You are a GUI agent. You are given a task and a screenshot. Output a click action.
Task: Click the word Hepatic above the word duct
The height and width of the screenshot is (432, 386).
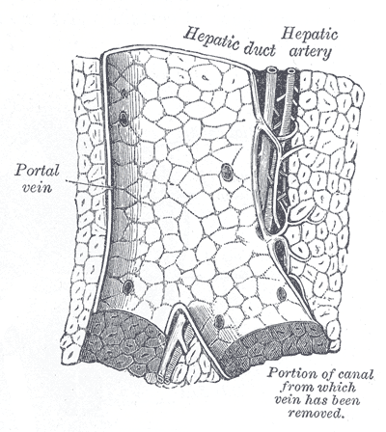211,40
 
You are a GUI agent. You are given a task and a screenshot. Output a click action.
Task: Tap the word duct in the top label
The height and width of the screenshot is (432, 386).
260,49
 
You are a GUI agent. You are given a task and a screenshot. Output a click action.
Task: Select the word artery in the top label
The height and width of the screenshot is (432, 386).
310,52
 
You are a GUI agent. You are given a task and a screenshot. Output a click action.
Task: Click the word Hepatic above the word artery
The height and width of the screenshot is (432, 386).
310,36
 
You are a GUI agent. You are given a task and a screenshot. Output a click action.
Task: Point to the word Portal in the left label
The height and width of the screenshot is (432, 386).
37,171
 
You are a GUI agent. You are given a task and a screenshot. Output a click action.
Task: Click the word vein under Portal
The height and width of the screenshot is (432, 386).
37,187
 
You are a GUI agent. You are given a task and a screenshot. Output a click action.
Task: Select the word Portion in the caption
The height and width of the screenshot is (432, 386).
291,374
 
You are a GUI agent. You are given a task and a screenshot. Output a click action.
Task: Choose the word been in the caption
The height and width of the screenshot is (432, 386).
346,400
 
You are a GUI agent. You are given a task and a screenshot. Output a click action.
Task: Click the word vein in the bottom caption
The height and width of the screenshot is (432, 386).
288,401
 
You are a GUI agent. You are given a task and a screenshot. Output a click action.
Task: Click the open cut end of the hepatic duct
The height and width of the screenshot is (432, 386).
271,69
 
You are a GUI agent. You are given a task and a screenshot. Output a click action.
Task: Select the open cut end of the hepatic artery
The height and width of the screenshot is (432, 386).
291,70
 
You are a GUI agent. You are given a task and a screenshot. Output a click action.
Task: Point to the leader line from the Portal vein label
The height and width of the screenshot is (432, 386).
89,185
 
